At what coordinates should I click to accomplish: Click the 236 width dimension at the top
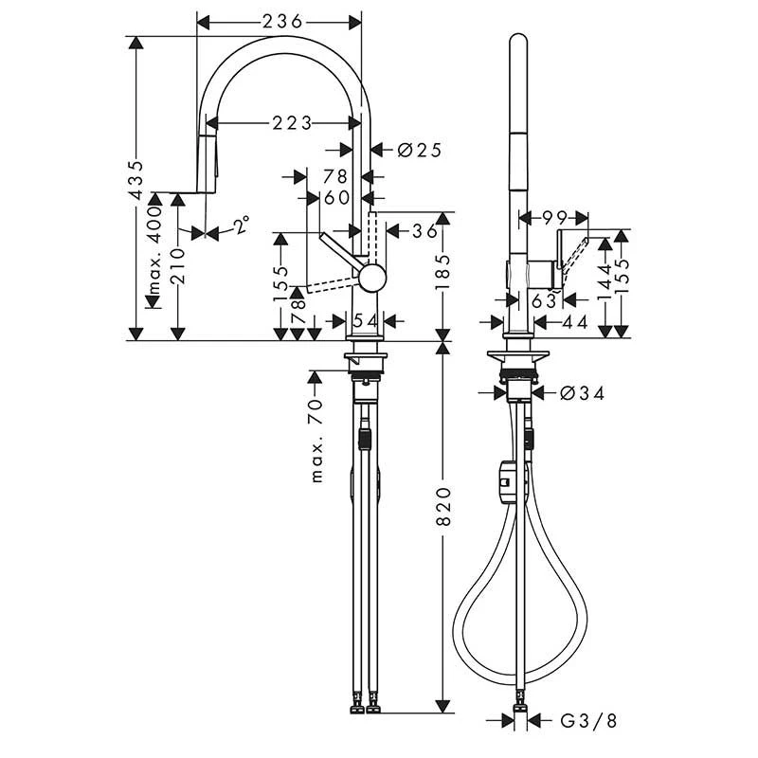point(282,21)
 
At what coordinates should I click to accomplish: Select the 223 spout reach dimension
point(292,123)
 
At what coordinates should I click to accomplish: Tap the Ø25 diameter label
point(419,151)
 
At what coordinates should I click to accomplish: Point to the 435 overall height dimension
point(136,179)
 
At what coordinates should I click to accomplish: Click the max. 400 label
point(154,251)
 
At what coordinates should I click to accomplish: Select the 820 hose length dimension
point(442,507)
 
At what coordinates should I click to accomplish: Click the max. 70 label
point(316,441)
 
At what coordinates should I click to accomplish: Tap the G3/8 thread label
point(588,721)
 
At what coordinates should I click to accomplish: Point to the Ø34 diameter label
point(582,393)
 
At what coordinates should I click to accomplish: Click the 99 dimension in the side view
point(554,218)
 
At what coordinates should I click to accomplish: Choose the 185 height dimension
point(442,272)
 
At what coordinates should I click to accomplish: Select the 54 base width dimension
point(365,320)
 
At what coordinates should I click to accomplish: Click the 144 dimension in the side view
point(605,282)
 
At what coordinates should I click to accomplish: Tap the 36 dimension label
point(424,231)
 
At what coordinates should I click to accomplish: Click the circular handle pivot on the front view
point(372,278)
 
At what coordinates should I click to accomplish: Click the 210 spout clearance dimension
point(178,266)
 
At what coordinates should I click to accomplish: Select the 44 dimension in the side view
point(574,321)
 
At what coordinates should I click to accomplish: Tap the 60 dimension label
point(337,197)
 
